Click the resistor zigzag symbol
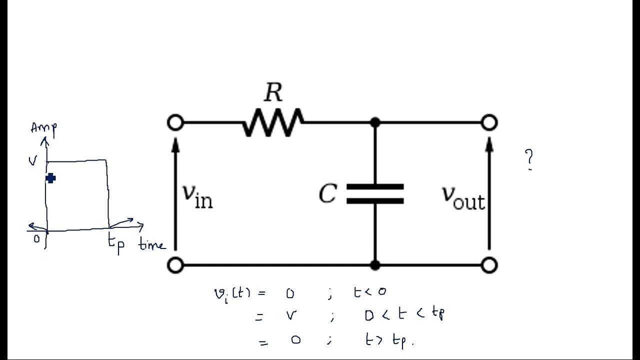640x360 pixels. click(273, 122)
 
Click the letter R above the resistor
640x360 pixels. click(273, 93)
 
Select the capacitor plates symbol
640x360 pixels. click(375, 194)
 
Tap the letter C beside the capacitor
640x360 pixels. click(328, 193)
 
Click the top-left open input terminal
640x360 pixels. click(175, 122)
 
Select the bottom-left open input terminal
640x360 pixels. click(175, 265)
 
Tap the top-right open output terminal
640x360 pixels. click(489, 122)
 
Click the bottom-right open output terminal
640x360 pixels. click(489, 265)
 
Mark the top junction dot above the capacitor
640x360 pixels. click(375, 122)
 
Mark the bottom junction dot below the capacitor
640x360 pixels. click(375, 265)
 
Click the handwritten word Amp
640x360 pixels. click(44, 128)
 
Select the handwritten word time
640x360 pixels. click(151, 245)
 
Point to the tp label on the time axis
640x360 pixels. click(116, 244)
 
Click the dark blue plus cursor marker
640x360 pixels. click(50, 178)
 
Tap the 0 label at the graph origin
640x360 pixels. click(36, 239)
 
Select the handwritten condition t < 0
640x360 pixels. click(369, 292)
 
